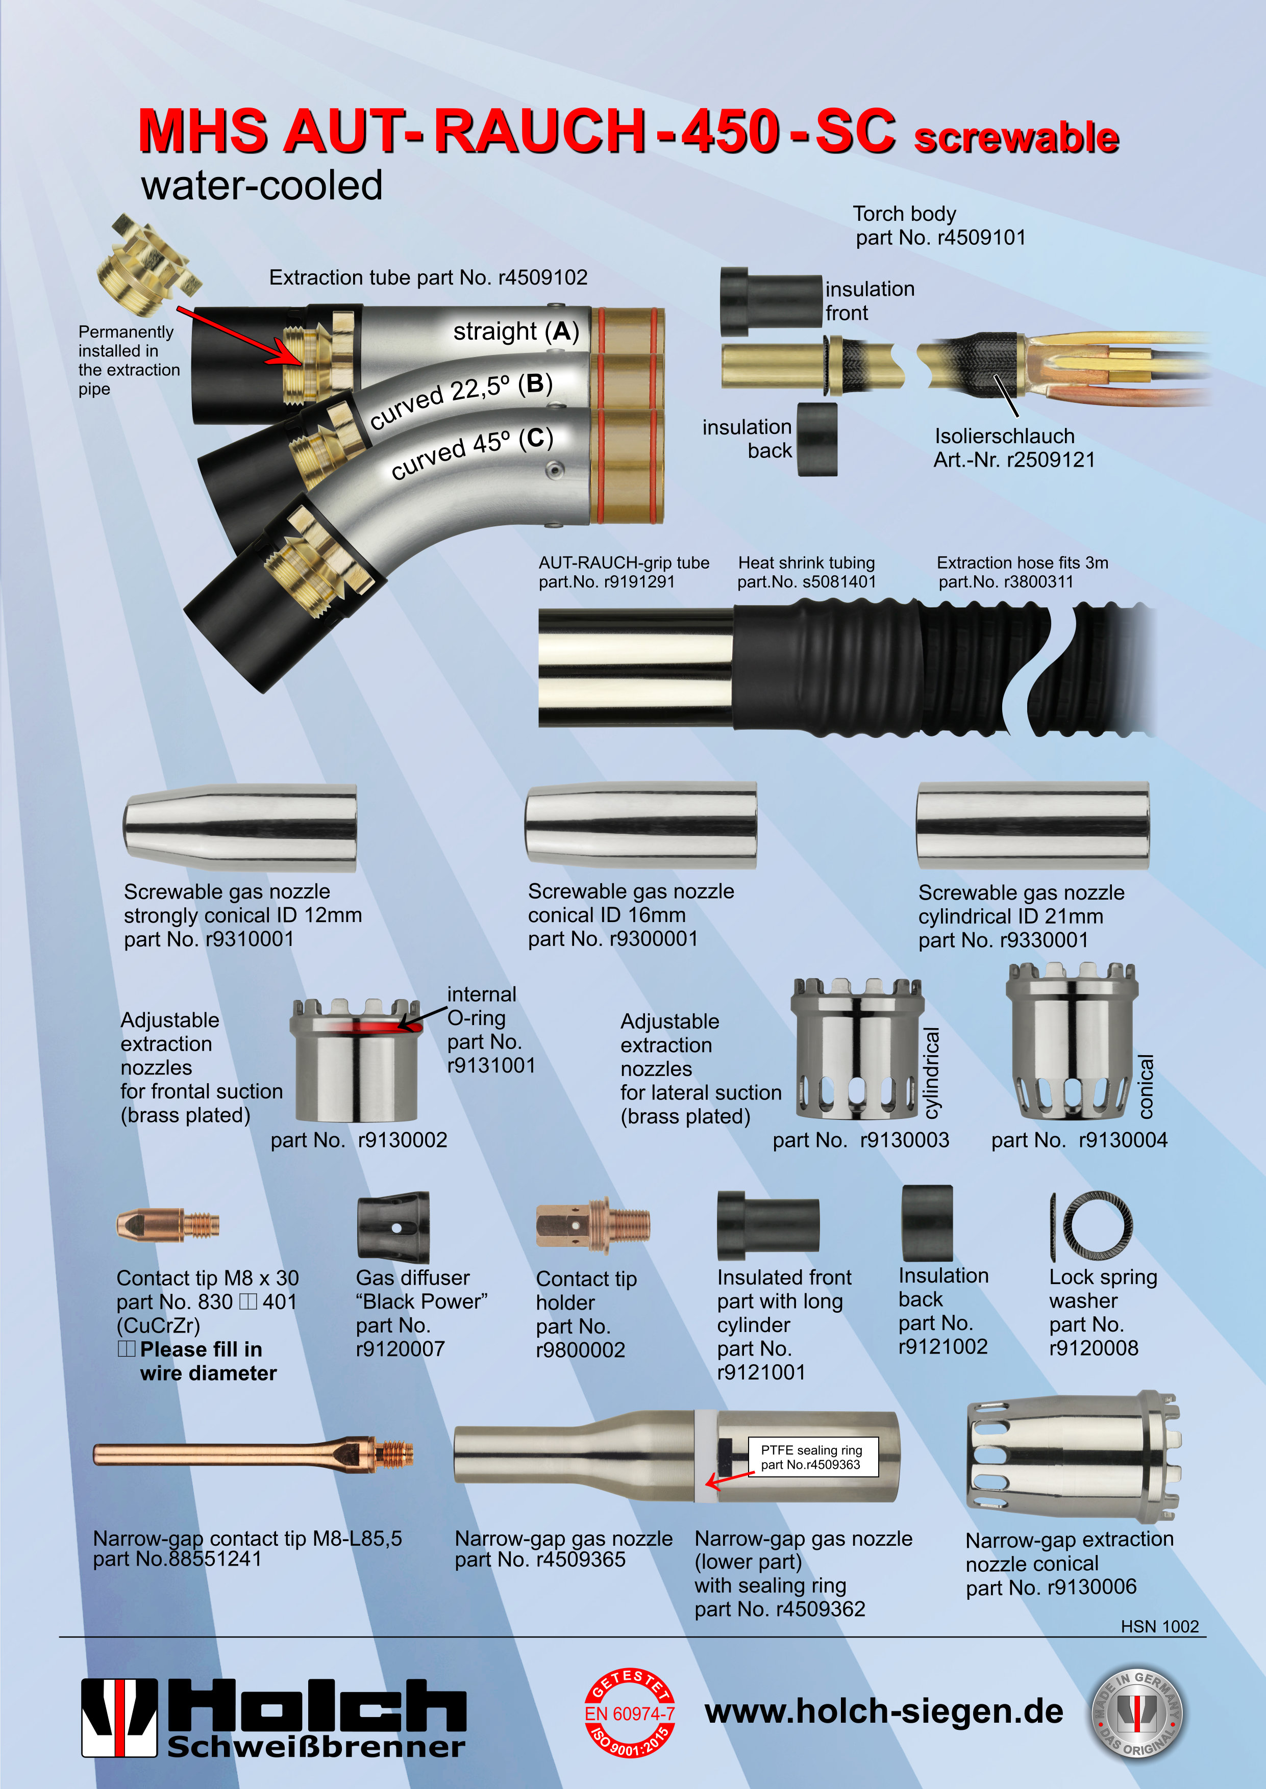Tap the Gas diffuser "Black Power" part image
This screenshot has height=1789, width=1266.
pos(393,1226)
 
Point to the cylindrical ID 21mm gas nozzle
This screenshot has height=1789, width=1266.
pos(1032,826)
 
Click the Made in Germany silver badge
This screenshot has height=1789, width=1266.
pos(1136,1714)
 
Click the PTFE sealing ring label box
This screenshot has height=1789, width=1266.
pos(811,1457)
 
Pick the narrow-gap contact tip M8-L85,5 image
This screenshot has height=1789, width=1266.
pos(254,1454)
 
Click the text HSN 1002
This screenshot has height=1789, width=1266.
pos(1159,1626)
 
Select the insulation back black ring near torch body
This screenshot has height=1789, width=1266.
pos(817,440)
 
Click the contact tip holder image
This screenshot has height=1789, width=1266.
pos(592,1225)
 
